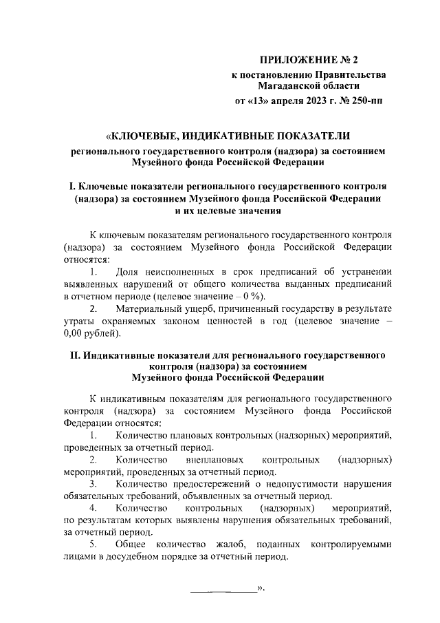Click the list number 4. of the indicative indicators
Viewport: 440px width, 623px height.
pos(93,509)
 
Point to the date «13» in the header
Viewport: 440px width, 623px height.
pos(261,101)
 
